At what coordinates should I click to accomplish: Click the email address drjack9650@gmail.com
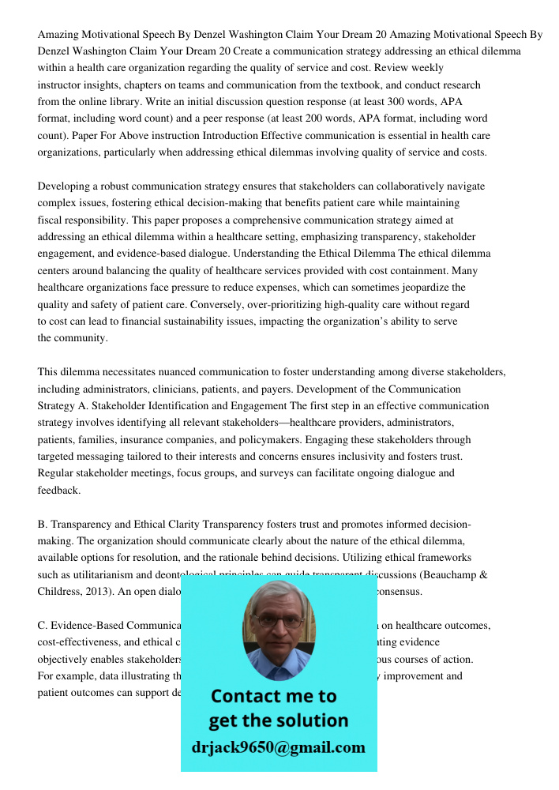tap(278, 747)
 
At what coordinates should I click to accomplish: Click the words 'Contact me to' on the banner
tap(273, 696)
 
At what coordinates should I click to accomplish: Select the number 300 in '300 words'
tap(407, 102)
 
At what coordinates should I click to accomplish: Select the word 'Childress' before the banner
tap(63, 591)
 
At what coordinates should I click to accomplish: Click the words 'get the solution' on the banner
tap(278, 720)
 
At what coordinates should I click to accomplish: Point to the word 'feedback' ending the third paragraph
tap(58, 490)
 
